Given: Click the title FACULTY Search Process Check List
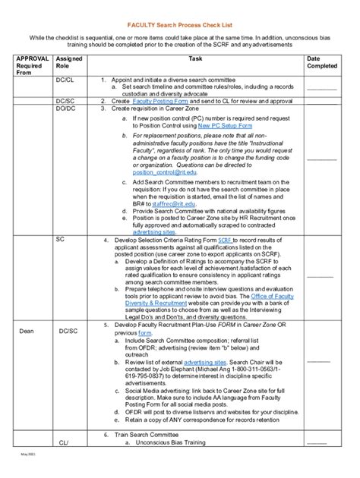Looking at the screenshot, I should coord(180,24).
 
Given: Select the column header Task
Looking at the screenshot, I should coord(195,58).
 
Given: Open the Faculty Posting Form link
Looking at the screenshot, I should coord(158,100).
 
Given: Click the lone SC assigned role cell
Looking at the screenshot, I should coord(61,238).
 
